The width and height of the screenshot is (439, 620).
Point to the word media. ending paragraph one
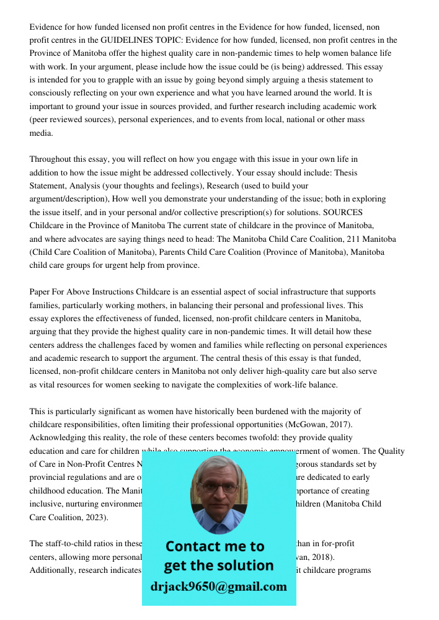tap(42, 133)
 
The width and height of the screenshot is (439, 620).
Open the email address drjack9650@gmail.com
tap(219, 587)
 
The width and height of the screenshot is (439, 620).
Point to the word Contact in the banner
tap(193, 546)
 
